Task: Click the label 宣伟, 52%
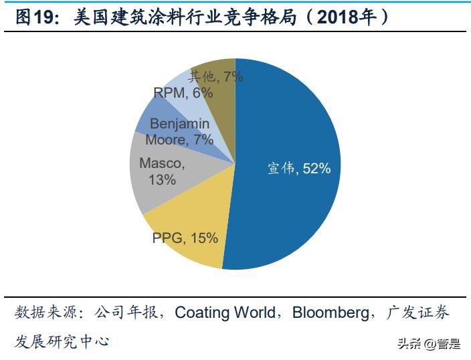(x=299, y=169)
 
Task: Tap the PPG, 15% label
(x=185, y=237)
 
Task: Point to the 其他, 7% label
(x=215, y=76)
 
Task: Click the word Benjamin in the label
(x=179, y=124)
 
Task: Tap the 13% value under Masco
(x=163, y=179)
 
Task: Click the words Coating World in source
(x=225, y=312)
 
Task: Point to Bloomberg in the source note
(x=331, y=312)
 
